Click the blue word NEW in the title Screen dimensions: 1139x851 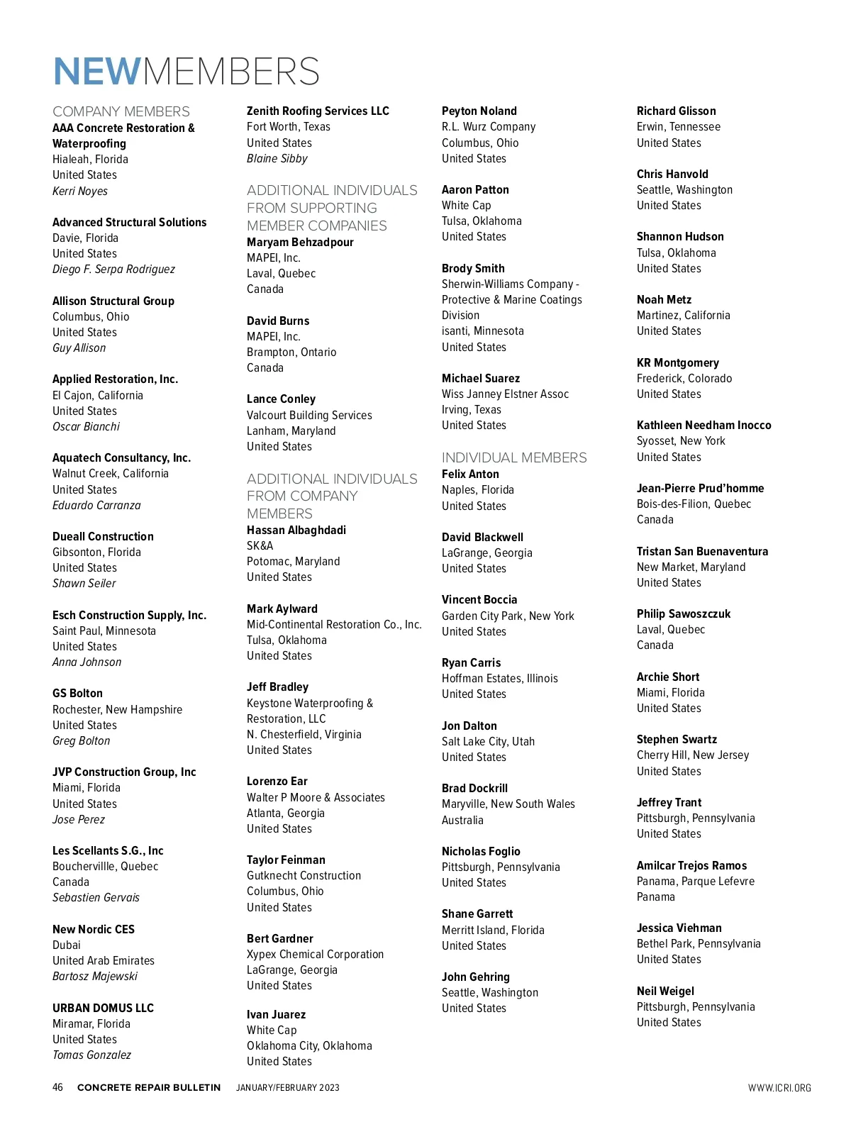(97, 72)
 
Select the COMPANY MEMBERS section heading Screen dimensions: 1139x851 (121, 111)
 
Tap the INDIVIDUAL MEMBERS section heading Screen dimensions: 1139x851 (514, 457)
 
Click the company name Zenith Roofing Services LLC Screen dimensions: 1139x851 (318, 111)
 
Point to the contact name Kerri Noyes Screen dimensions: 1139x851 (80, 191)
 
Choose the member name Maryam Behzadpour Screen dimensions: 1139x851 (300, 242)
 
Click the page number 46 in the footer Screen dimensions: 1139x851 (58, 1087)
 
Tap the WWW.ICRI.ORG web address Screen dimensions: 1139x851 (779, 1088)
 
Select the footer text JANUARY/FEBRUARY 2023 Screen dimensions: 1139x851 (288, 1088)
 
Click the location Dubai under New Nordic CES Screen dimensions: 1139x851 (67, 945)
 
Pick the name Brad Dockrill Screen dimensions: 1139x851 (474, 788)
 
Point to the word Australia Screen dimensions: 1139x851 (462, 820)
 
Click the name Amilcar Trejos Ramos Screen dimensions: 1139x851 (691, 865)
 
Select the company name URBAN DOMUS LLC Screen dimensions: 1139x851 (103, 1008)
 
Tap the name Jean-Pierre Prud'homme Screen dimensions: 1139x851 (700, 488)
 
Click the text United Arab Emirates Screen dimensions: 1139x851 (104, 960)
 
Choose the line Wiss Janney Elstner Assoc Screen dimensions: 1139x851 (505, 394)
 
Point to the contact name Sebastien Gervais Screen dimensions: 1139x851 (96, 897)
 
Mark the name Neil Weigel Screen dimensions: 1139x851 (665, 991)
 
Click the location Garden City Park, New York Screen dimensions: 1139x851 (508, 616)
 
